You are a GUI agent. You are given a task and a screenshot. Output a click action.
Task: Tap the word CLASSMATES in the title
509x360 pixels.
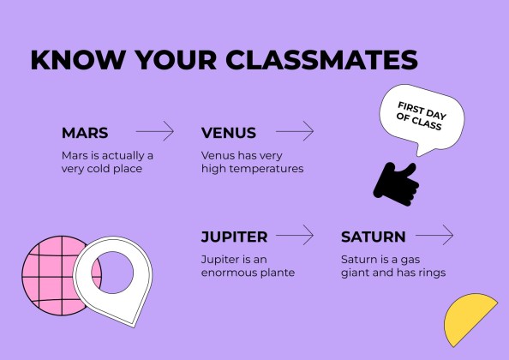(x=321, y=60)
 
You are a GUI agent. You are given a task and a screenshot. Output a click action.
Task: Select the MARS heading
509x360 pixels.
(x=85, y=133)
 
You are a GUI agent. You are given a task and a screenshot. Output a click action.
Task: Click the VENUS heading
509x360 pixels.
(x=229, y=133)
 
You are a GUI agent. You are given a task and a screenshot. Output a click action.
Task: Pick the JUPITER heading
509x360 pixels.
(x=234, y=237)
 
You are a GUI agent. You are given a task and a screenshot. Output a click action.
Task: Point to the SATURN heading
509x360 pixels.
(x=374, y=237)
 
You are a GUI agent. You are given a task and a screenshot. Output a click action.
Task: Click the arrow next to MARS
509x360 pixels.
(x=155, y=131)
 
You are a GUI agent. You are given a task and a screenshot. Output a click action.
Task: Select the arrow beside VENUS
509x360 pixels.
(x=295, y=131)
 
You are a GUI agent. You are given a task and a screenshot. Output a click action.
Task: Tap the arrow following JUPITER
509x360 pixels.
(x=295, y=235)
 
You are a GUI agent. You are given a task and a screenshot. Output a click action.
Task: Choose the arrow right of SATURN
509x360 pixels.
(x=434, y=235)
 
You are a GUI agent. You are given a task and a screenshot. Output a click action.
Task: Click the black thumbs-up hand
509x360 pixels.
(x=396, y=184)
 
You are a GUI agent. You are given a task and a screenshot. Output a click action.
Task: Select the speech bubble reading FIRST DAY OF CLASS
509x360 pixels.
(x=422, y=119)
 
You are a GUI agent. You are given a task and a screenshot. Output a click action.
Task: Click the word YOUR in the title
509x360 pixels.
(x=176, y=60)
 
